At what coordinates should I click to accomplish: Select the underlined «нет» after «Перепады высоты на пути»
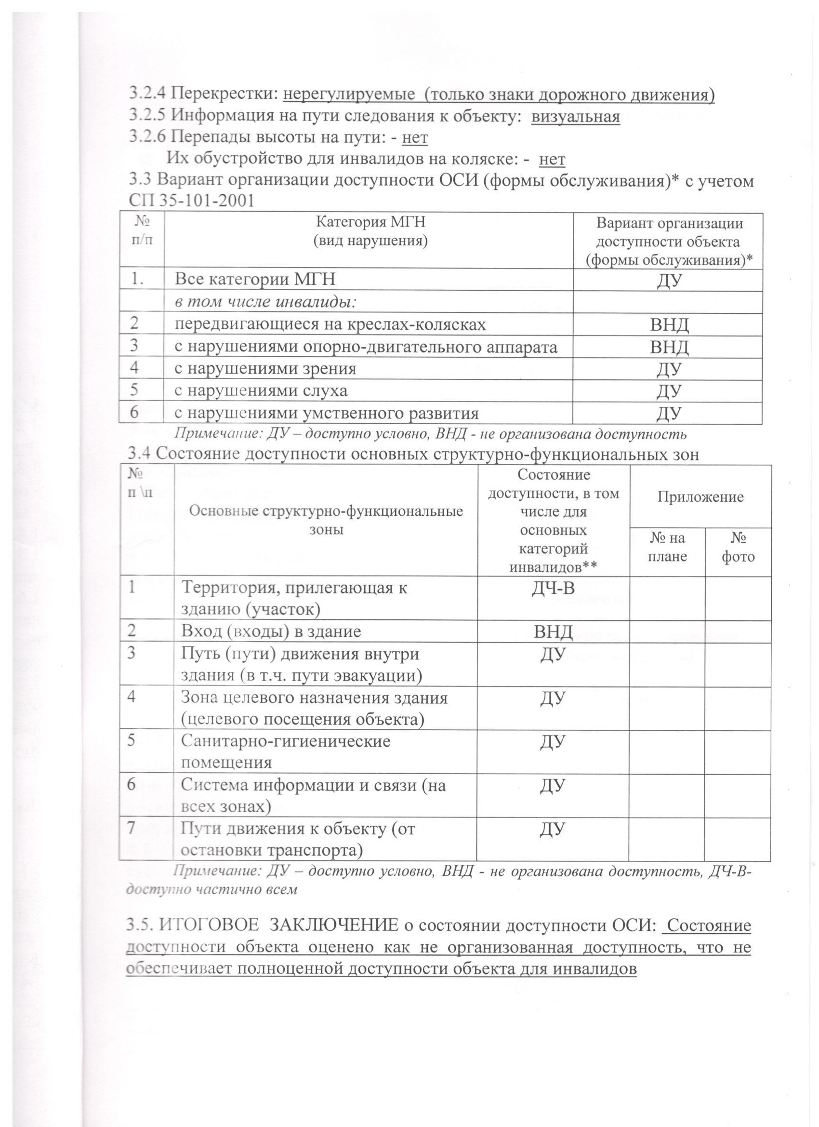click(x=414, y=138)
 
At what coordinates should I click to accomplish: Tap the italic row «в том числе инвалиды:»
click(x=267, y=302)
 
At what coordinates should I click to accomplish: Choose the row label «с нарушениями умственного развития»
click(x=326, y=413)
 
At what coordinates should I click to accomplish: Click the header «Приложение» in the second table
click(x=700, y=497)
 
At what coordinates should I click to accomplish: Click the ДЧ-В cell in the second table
click(x=553, y=589)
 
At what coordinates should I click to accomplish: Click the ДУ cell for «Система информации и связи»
click(x=553, y=786)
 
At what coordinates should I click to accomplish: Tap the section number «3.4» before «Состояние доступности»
click(x=140, y=454)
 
